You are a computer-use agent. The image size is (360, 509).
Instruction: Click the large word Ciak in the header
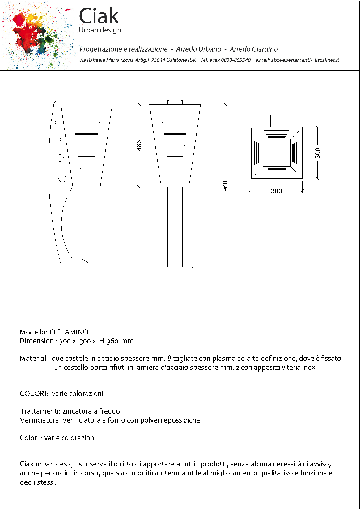tap(99, 16)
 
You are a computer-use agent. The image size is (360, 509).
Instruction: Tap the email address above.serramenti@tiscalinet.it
tap(305, 60)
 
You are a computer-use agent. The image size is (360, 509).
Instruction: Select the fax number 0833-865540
tap(236, 60)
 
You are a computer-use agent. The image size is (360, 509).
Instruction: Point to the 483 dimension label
tap(139, 145)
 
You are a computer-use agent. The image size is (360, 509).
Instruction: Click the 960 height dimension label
tap(225, 186)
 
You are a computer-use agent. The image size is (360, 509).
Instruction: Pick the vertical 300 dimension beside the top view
tap(318, 153)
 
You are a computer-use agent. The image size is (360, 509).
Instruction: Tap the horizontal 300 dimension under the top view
tap(276, 191)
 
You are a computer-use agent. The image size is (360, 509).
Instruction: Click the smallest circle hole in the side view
tap(57, 123)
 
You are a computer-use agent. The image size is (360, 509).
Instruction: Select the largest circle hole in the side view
tap(62, 178)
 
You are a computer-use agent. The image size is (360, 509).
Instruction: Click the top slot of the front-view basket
tap(175, 123)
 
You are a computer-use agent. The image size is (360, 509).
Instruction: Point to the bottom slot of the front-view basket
tap(175, 169)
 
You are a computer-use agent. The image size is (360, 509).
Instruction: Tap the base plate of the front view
tap(175, 268)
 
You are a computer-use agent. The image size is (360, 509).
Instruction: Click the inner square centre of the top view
tap(277, 153)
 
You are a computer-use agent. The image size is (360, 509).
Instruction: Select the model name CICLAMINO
tap(69, 332)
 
